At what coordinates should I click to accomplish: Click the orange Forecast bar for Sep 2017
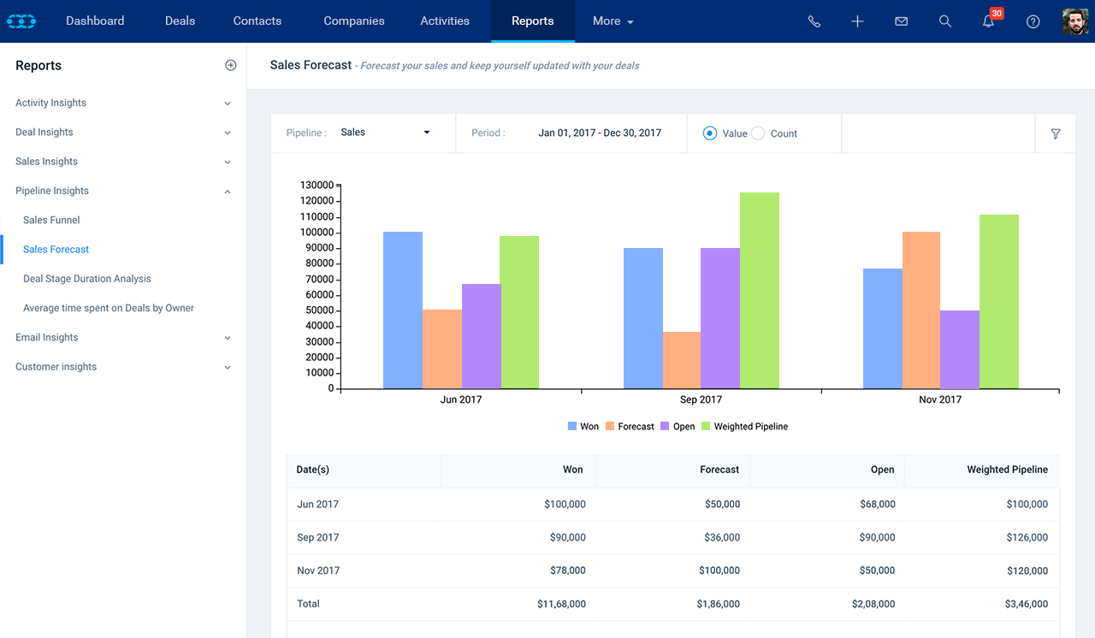click(682, 361)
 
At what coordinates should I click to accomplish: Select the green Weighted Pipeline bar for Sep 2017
click(759, 291)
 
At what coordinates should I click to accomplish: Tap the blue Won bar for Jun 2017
click(403, 310)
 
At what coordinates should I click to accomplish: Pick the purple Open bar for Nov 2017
click(960, 350)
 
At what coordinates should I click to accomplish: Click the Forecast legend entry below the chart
click(630, 427)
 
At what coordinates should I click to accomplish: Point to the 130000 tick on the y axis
click(317, 185)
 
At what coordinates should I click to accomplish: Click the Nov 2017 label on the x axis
click(940, 399)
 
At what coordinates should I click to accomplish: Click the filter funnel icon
click(1056, 134)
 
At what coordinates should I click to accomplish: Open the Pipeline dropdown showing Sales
click(385, 133)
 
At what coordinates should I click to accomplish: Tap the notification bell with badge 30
click(988, 21)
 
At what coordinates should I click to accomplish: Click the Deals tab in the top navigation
click(180, 21)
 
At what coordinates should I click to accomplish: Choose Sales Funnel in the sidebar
click(51, 220)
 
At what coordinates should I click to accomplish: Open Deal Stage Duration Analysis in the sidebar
click(87, 279)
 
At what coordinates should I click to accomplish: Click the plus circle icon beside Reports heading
click(231, 66)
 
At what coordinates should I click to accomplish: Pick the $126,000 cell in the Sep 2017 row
click(1027, 537)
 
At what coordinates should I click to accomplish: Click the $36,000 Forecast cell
click(722, 537)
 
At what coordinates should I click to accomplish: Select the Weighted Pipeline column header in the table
click(1008, 470)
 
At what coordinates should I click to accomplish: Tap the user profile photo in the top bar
click(1075, 21)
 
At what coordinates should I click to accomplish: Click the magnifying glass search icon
click(945, 21)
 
